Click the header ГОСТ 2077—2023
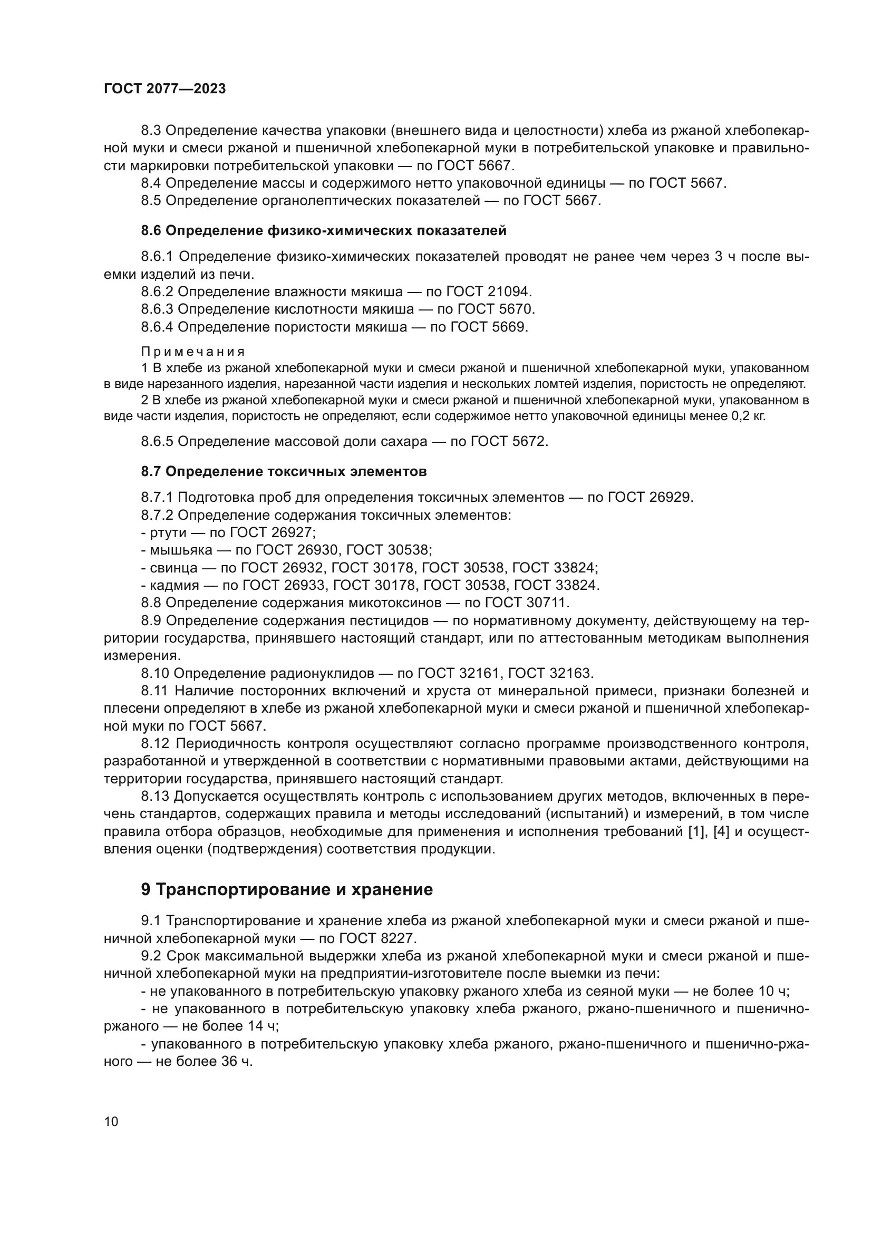click(165, 89)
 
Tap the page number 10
click(111, 1122)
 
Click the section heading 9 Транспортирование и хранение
click(287, 889)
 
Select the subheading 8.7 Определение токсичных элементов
click(284, 471)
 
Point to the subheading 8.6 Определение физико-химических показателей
click(323, 231)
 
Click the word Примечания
click(193, 352)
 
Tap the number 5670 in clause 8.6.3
click(517, 309)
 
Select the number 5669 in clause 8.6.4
click(510, 326)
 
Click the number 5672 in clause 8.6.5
click(530, 441)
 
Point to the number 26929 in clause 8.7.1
click(671, 497)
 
